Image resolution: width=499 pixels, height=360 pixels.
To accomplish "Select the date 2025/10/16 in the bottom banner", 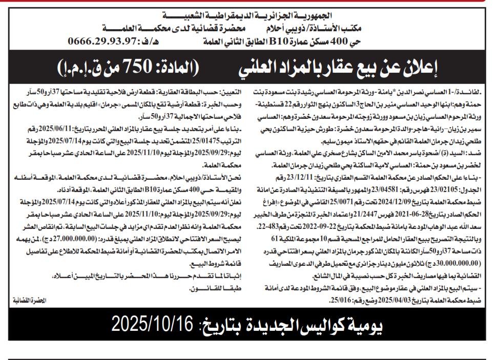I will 152,324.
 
